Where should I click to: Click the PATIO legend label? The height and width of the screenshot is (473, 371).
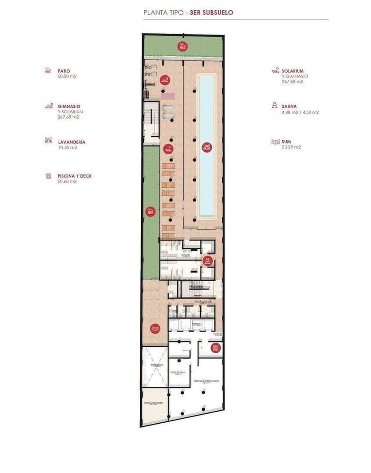(64, 71)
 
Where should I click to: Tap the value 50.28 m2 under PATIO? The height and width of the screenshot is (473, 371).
(67, 77)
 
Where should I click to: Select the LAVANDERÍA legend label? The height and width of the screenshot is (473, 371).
(71, 142)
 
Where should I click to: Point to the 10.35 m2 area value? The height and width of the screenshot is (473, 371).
(67, 147)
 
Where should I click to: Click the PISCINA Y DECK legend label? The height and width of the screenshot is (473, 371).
(74, 176)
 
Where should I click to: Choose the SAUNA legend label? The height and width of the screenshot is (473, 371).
(289, 106)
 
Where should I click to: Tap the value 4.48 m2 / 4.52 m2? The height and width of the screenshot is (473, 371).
(300, 112)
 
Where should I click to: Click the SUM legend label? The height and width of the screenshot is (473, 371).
(286, 141)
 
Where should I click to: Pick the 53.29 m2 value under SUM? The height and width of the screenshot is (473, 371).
(291, 147)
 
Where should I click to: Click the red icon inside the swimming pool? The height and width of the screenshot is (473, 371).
(207, 147)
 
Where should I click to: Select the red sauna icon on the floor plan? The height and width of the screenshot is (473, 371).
(207, 260)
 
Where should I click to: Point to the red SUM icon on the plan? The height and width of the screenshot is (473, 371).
(155, 329)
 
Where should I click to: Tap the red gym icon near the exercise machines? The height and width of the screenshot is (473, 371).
(165, 80)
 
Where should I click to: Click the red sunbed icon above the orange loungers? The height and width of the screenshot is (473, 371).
(168, 149)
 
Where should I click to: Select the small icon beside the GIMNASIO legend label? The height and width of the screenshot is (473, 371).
(48, 106)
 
